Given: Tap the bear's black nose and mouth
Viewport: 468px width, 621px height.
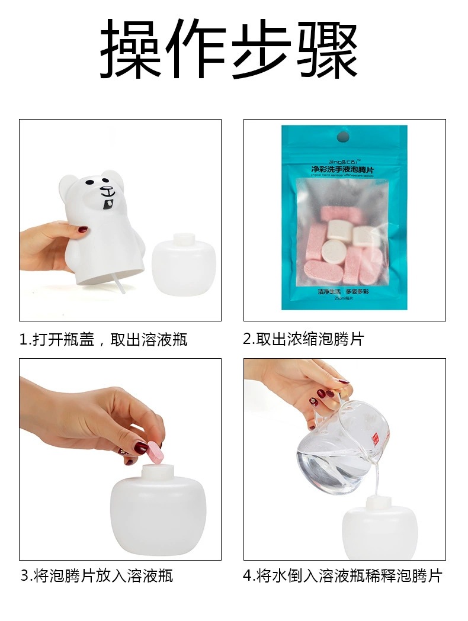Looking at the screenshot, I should [x=107, y=192].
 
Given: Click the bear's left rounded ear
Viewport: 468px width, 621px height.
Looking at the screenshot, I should [x=69, y=188].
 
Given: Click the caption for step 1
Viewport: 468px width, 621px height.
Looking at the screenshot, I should [x=104, y=339].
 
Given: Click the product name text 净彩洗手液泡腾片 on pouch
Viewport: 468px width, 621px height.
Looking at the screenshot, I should [x=345, y=170].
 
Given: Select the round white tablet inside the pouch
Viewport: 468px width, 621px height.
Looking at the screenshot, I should [x=334, y=252].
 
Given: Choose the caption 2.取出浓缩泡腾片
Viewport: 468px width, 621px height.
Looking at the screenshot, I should [x=303, y=339].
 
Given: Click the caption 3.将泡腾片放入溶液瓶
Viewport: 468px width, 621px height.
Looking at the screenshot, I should [x=97, y=575].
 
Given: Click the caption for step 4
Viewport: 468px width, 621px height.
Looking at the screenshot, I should [x=342, y=575].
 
